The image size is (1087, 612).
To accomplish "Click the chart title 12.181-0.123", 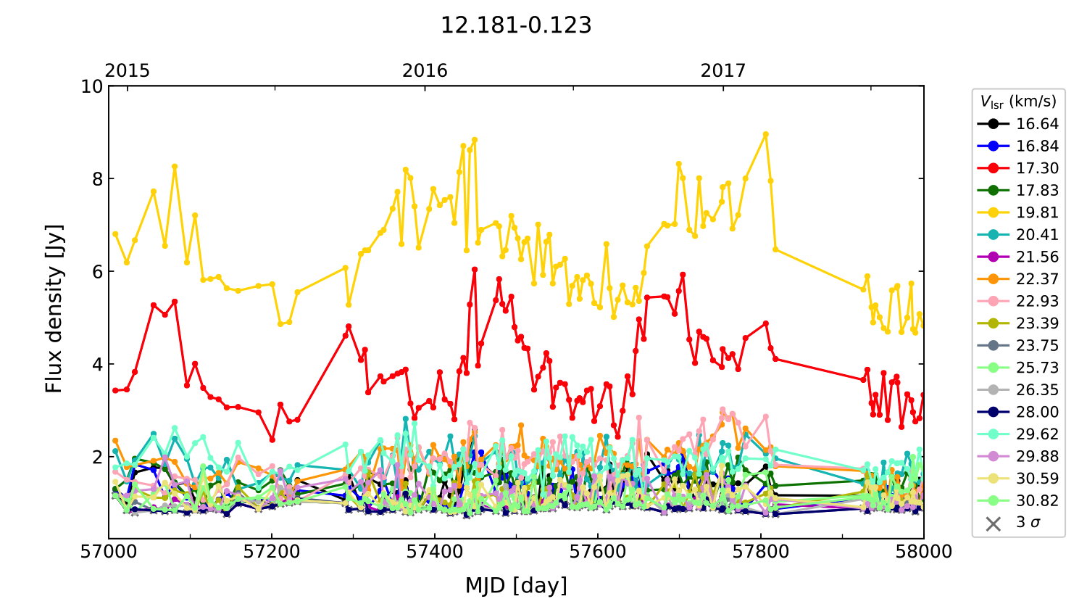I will point(516,26).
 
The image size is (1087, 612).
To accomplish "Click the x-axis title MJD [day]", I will point(516,585).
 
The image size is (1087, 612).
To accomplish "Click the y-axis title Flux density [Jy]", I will point(54,309).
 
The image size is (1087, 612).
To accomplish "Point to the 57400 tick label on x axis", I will point(435,552).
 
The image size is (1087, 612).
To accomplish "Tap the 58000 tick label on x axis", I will point(923,552).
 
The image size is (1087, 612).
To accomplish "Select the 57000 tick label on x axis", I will point(109,552).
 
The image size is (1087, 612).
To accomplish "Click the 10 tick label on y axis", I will point(92,86).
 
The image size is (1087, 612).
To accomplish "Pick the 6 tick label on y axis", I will point(97,272).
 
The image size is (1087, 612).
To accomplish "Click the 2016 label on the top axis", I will point(425,71).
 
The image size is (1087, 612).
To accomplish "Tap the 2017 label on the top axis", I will point(722,71).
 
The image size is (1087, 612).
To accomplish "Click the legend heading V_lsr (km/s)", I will point(1018,102).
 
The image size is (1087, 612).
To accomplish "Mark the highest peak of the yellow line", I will point(765,134).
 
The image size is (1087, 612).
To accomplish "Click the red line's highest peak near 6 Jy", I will point(475,269).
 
